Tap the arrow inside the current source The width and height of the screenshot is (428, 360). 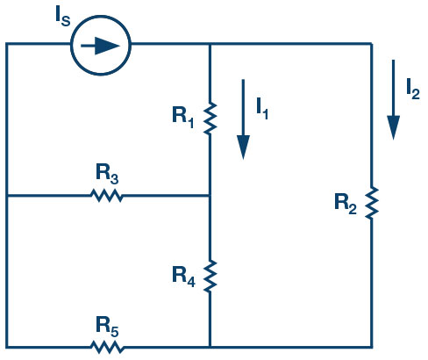(100, 46)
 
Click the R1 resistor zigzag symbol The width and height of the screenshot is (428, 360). (210, 119)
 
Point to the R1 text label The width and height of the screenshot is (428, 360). (183, 117)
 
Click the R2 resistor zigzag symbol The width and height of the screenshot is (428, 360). (372, 203)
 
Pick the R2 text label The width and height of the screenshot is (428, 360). (346, 204)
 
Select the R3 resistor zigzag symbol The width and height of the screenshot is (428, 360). (106, 196)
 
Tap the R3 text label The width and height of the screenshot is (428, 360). (107, 174)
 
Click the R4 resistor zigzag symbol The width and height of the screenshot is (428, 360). (210, 276)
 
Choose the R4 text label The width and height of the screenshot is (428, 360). (183, 276)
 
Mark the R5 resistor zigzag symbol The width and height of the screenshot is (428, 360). (107, 347)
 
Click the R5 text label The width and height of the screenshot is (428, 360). (107, 327)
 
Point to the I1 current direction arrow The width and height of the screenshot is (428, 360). (243, 119)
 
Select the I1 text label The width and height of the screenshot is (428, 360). (262, 108)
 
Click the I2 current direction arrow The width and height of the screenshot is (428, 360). (393, 100)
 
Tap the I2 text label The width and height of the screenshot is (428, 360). (413, 89)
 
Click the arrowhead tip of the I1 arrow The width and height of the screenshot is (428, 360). (243, 160)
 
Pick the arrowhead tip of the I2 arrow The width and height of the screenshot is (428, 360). (394, 140)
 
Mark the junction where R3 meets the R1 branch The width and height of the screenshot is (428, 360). (210, 195)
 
